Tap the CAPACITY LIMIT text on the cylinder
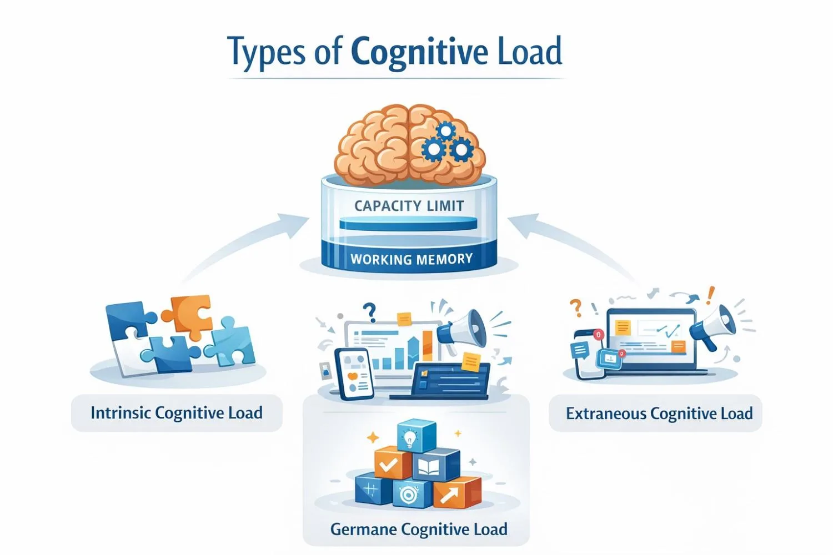point(409,206)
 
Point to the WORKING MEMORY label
point(411,259)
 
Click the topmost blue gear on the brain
point(445,132)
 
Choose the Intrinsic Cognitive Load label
point(177,413)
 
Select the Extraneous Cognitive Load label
point(659,413)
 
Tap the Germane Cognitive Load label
point(419,529)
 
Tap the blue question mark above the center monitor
point(369,312)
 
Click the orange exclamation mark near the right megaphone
point(711,294)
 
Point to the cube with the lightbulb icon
point(416,436)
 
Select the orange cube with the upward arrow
point(456,493)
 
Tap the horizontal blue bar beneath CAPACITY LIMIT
point(408,225)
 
